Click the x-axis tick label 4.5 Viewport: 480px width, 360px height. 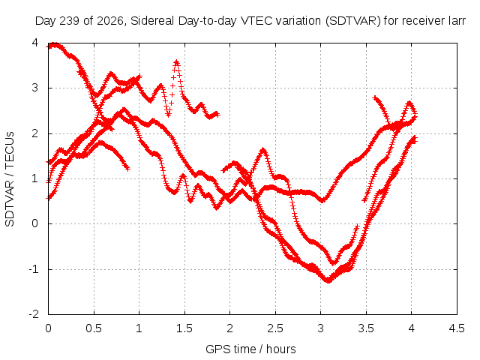pos(457,328)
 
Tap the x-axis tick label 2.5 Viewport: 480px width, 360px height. pos(275,328)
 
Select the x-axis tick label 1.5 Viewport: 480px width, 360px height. pos(184,328)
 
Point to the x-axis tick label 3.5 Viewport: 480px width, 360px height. pos(366,328)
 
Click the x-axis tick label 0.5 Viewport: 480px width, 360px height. pos(94,328)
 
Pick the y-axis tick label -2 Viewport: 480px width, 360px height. pos(34,314)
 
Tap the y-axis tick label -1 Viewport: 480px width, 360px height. pos(34,269)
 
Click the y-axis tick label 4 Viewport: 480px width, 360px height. pos(35,43)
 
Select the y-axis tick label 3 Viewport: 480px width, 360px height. pos(35,88)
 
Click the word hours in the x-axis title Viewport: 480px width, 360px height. pos(281,349)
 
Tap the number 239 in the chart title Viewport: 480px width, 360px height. pos(69,21)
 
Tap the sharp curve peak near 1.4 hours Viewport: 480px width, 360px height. pos(176,61)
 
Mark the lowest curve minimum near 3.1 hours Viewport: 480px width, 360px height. pos(328,280)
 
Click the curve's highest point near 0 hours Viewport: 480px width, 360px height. pos(54,45)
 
